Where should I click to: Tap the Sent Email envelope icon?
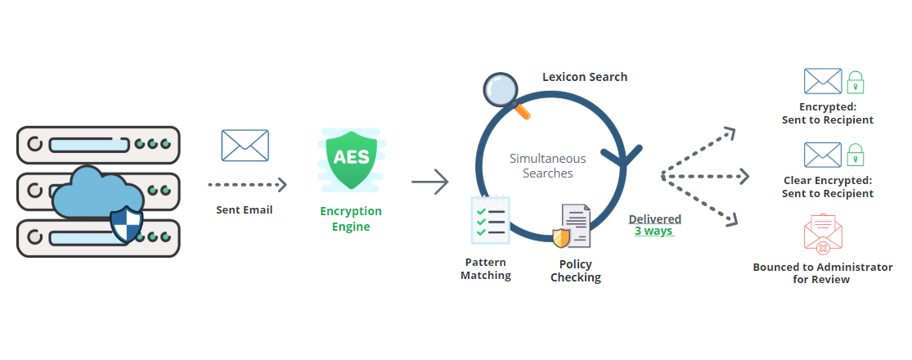pos(245,146)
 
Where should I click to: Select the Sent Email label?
pos(245,209)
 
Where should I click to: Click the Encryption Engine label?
pos(351,218)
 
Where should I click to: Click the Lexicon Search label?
pos(585,77)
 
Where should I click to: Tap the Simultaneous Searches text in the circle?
pos(548,166)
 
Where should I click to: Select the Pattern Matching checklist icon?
pos(490,221)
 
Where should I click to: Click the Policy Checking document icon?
pos(573,227)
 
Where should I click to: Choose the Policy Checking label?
pos(576,271)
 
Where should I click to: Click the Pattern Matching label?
pos(486,269)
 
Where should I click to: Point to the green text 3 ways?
pos(654,231)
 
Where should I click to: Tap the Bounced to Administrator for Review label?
pos(823,273)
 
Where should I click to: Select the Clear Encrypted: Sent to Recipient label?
pos(828,187)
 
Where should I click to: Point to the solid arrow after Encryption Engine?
pos(430,182)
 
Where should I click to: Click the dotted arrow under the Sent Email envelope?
pos(247,185)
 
